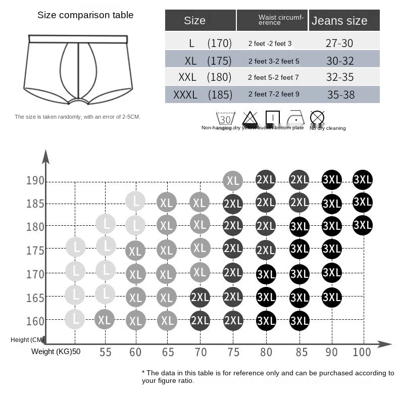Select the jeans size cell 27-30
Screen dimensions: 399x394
[339, 43]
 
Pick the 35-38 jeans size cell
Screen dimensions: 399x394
[340, 94]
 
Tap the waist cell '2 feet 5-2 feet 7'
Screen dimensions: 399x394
[273, 78]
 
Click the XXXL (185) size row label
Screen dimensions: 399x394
[202, 94]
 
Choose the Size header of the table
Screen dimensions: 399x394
[195, 21]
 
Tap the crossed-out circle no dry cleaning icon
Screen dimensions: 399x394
[317, 118]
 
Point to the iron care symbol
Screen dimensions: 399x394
[295, 118]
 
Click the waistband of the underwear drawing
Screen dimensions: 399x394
[78, 39]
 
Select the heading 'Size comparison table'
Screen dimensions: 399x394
[85, 15]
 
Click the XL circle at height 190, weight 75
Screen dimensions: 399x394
[233, 180]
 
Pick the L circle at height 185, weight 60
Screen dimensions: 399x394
[135, 202]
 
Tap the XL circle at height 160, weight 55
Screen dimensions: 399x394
[105, 319]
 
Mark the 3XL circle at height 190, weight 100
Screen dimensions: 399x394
[363, 179]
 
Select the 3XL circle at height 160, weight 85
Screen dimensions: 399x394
[299, 320]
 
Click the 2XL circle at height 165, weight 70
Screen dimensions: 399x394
[200, 298]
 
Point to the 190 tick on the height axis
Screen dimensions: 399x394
[35, 181]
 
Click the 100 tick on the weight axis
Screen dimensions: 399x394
[362, 352]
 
